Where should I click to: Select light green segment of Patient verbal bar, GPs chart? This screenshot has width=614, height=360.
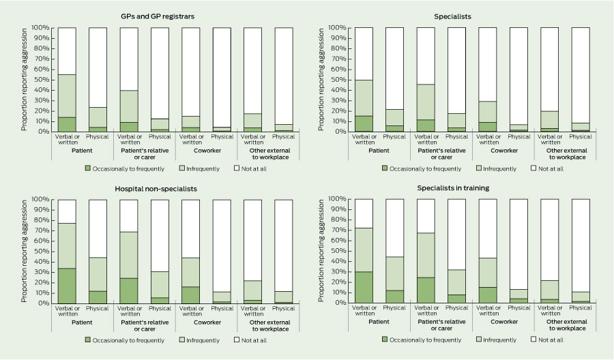pyautogui.click(x=67, y=95)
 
